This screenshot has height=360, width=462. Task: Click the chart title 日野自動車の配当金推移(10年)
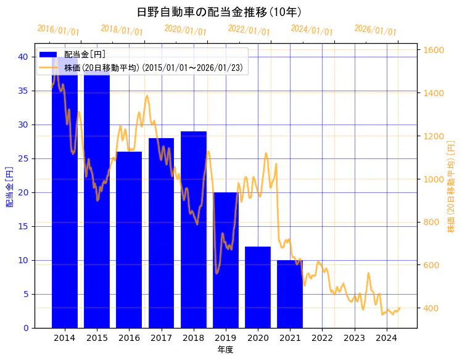coord(219,12)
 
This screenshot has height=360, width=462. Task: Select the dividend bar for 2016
coord(129,240)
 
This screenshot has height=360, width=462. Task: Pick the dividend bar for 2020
coord(258,287)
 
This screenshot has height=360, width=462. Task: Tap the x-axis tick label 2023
coord(355,338)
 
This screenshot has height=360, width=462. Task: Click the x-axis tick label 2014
coord(65,338)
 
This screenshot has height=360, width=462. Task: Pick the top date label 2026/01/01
coord(375,30)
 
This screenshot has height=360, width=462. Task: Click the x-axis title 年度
coord(225,350)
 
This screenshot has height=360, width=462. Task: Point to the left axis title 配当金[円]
coord(9,186)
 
